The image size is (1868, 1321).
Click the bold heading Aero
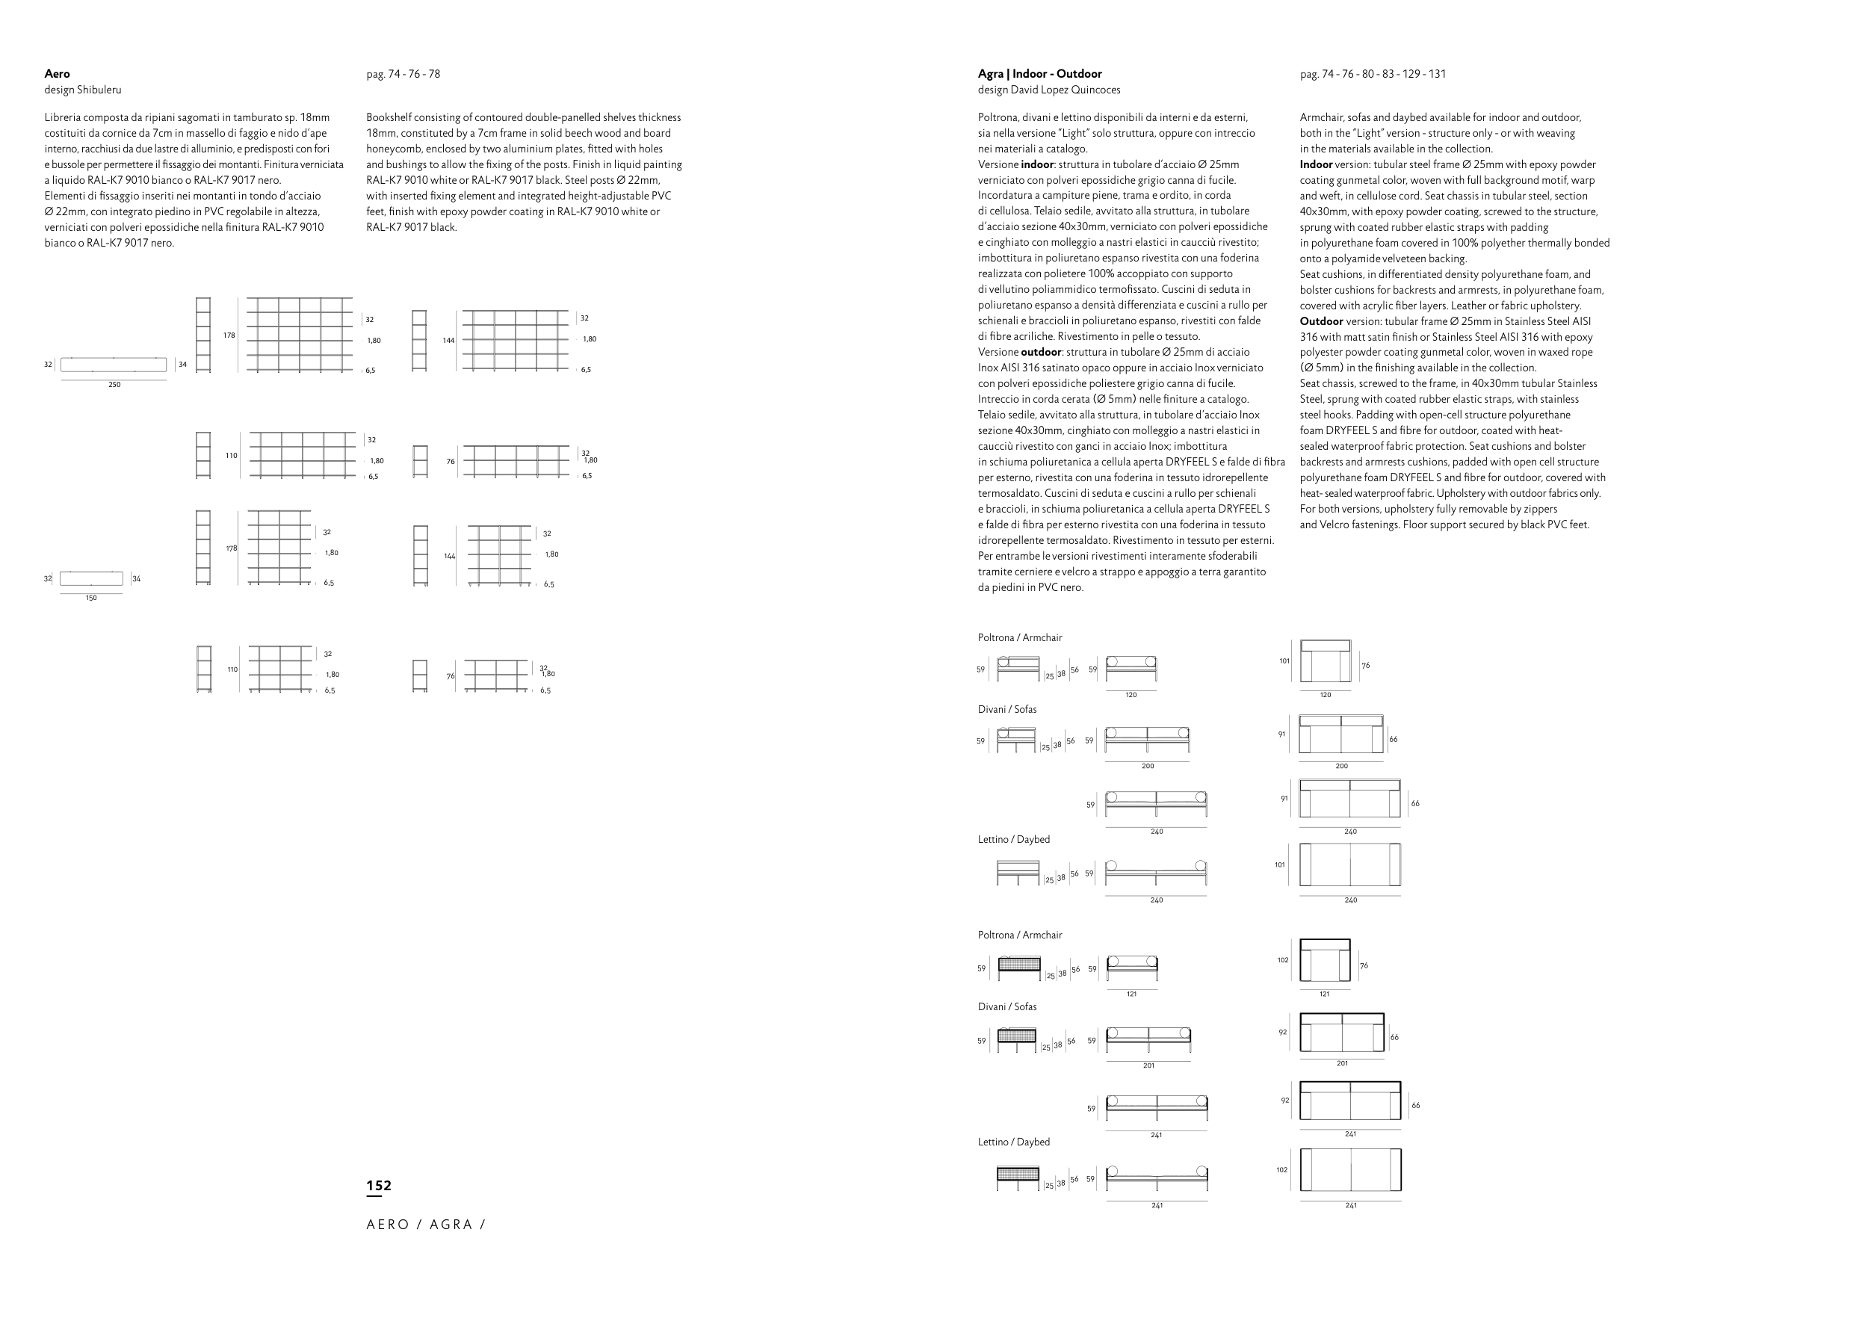tap(57, 74)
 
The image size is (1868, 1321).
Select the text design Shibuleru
tap(83, 90)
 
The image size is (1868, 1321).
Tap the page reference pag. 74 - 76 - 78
tap(403, 74)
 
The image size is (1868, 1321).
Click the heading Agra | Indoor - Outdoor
tap(1040, 74)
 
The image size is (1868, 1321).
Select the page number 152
tap(379, 1186)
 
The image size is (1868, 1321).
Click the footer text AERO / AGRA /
tap(425, 1225)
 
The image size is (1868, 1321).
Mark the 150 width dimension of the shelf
tap(91, 598)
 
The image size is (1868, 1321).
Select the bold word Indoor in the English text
tap(1316, 164)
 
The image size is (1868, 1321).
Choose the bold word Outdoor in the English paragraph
tap(1321, 321)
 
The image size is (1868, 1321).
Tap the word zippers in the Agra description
tap(1540, 510)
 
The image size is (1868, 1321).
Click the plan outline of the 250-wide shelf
tap(113, 365)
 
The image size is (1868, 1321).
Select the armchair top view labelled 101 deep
tap(1326, 661)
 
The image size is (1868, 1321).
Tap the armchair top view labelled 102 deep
tap(1326, 961)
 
